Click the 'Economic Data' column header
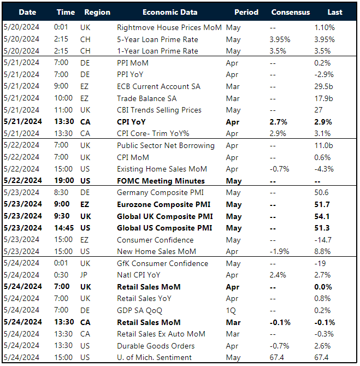click(170, 12)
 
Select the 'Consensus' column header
click(290, 12)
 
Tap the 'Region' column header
click(97, 12)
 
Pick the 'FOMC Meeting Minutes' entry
click(161, 181)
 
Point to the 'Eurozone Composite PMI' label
click(163, 204)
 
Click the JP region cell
click(85, 275)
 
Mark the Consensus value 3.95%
click(280, 39)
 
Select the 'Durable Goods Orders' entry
click(156, 346)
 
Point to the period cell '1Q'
click(232, 310)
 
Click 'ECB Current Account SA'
click(158, 86)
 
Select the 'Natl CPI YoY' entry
click(139, 275)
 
